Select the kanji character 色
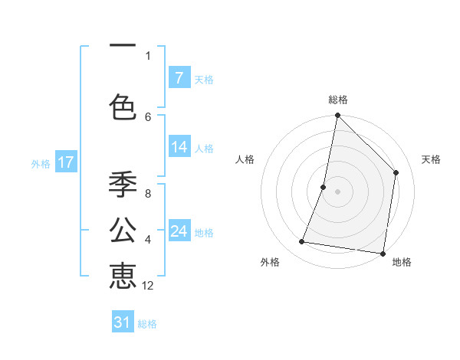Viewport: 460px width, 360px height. pos(123,106)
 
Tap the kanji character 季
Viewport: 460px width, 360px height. pos(123,185)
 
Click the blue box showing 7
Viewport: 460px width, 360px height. pos(179,78)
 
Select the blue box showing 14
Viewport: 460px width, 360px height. pos(179,147)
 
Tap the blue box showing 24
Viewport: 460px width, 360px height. pos(179,231)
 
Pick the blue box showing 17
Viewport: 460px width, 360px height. pos(65,162)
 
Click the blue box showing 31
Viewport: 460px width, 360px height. pos(123,322)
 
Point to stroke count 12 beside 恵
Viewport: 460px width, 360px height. pos(148,286)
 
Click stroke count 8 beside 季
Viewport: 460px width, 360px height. pos(147,193)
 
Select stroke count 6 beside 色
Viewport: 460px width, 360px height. pos(148,116)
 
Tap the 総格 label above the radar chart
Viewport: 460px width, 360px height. pos(338,100)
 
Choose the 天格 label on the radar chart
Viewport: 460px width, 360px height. pos(431,159)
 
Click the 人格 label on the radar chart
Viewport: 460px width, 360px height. pos(245,159)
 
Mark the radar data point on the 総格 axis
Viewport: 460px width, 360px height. pos(337,116)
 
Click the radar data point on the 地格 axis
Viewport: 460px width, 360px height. pos(383,253)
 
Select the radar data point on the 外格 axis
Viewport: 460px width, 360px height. pos(302,242)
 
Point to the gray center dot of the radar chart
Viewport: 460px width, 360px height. pos(337,191)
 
